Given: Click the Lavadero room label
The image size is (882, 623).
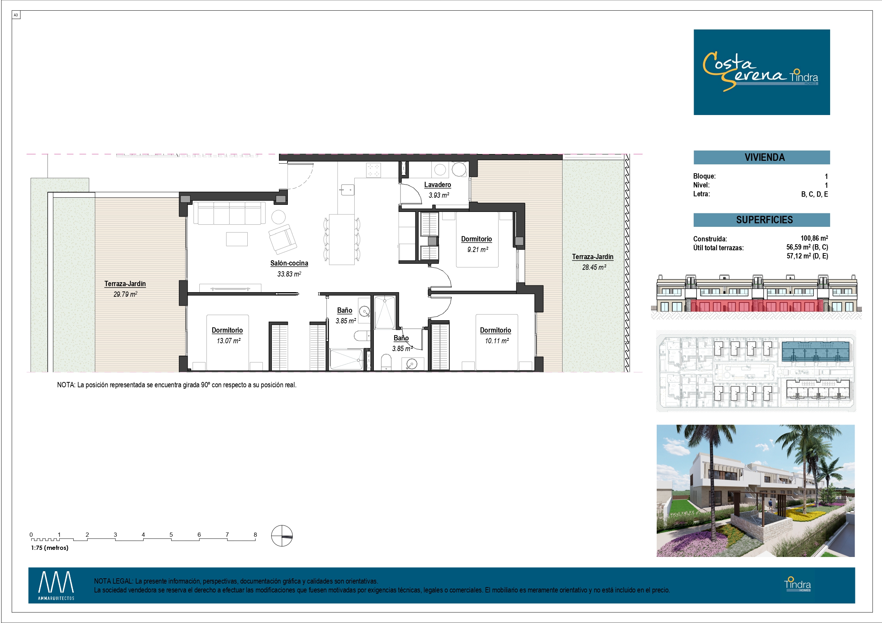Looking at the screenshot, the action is coord(437,185).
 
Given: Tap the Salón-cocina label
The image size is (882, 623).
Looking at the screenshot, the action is coord(289,263).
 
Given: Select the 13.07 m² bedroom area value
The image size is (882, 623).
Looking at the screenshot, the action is coord(228,340).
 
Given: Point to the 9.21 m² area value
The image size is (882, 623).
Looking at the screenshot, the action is coord(478,250).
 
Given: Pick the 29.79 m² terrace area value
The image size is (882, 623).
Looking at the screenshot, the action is coord(125,294).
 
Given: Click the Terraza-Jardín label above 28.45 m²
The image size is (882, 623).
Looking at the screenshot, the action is coord(592,257).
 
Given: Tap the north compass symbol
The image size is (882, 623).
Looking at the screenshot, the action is coord(282,535).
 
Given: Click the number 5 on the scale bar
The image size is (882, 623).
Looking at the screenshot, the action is coord(171,534).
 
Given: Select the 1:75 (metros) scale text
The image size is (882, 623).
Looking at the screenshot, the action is coord(49,548).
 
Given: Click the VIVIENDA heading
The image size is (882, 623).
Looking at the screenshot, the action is coord(764,157).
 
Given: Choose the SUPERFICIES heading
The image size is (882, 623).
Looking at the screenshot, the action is coord(764,220).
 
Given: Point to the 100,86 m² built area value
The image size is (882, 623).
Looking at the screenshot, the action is coord(814,239).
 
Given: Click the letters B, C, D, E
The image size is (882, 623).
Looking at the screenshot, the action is coord(814,194).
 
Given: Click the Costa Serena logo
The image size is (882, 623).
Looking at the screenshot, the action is coord(762,72).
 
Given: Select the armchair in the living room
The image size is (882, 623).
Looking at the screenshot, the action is coord(283,239).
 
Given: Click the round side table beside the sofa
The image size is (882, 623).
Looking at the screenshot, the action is coord(279,217).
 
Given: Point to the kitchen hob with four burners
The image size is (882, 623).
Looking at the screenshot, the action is coord(373,170).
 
